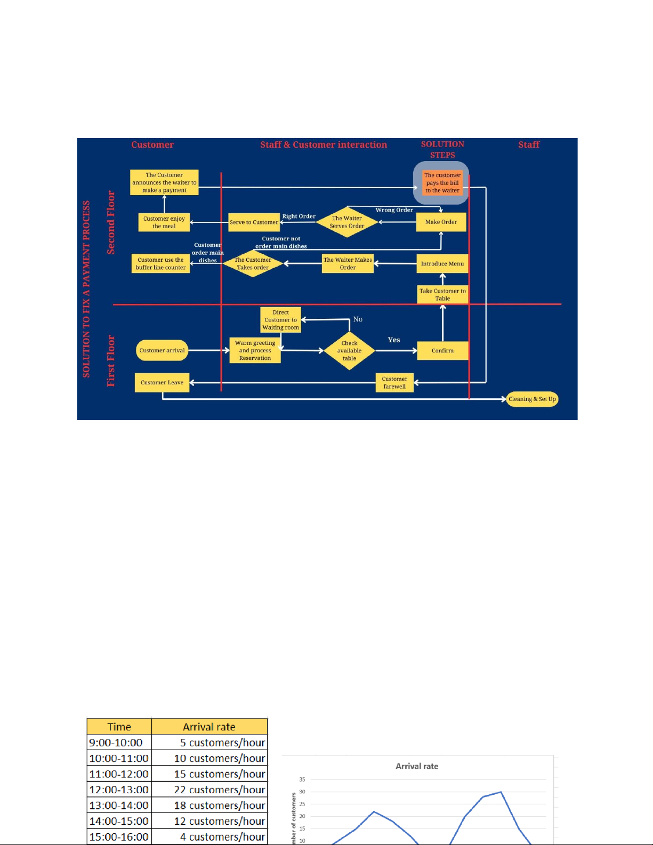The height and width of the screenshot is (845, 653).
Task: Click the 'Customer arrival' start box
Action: pos(162,350)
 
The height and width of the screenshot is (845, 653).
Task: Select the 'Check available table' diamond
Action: pos(349,351)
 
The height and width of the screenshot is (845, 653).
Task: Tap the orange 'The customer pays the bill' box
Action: pos(442,183)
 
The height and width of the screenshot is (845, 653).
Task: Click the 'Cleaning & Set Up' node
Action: pos(532,399)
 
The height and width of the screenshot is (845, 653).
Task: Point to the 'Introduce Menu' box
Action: pos(442,263)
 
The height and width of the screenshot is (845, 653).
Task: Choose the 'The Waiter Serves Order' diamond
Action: pos(347,222)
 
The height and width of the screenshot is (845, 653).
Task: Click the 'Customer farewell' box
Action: pos(394,383)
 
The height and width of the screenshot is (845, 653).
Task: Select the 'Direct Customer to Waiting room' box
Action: pos(280,320)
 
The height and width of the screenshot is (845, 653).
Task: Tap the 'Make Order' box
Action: pos(441,222)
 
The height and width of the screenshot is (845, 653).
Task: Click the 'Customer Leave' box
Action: pos(162,382)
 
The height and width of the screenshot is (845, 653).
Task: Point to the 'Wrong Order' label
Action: pos(394,210)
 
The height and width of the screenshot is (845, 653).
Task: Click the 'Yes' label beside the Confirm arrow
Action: pos(394,340)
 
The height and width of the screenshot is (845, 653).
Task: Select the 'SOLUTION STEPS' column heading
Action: pos(442,149)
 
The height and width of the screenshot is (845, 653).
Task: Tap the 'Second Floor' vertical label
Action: pos(111,222)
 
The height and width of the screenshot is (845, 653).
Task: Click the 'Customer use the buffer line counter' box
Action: pos(160,263)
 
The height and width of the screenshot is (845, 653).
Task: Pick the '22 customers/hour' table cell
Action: pos(209,790)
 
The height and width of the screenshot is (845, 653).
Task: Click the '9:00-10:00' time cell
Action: pos(119,743)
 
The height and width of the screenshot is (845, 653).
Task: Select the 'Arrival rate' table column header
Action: pos(209,727)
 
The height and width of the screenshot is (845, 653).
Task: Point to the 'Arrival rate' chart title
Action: pos(417,766)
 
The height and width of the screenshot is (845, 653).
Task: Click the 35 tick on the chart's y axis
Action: pos(302,779)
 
